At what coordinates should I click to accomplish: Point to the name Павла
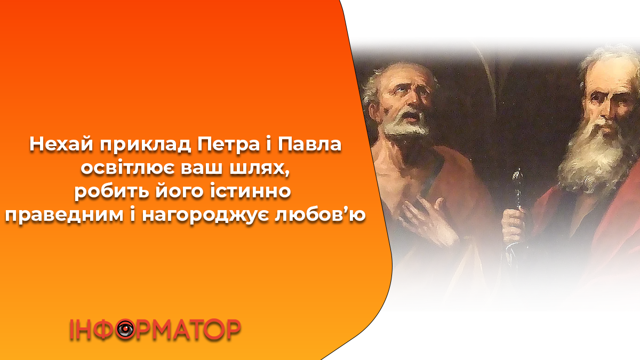tap(310, 145)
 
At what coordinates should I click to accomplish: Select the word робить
tap(111, 191)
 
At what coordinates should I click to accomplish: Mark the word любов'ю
tap(321, 214)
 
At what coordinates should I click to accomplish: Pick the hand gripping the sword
tap(514, 226)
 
